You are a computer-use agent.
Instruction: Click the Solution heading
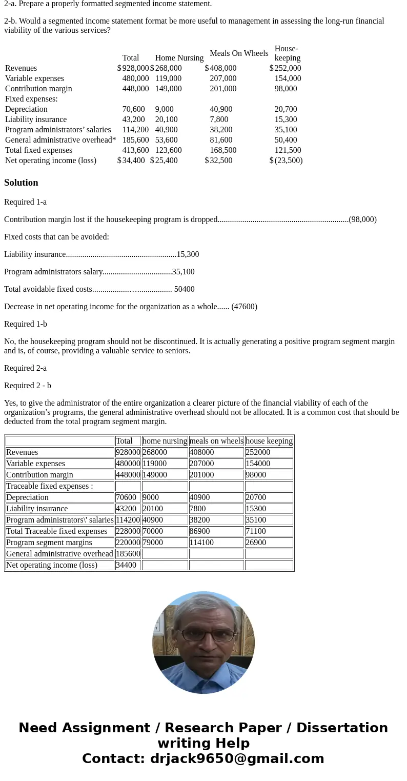tap(21, 183)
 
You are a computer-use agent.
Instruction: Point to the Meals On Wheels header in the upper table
tap(239, 53)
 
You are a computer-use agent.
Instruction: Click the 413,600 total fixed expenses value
tap(135, 150)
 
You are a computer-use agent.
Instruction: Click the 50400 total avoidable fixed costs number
tap(184, 289)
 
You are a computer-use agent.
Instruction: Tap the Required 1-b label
tap(26, 324)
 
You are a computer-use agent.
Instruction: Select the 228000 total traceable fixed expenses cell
tap(128, 531)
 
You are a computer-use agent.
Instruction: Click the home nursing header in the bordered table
tap(165, 441)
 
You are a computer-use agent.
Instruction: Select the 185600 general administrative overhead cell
tap(128, 554)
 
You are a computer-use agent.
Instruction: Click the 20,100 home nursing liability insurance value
tap(166, 119)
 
